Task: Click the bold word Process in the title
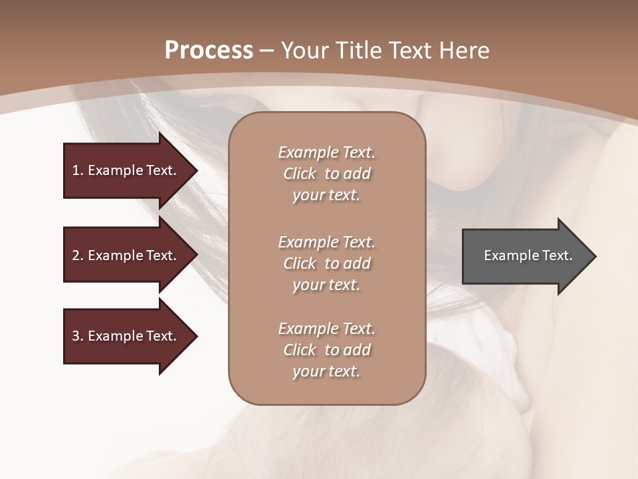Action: tap(209, 51)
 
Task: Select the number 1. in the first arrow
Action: tap(78, 170)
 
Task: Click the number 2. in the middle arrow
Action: tap(78, 255)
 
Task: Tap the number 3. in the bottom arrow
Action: tap(78, 336)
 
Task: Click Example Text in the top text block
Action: tap(326, 152)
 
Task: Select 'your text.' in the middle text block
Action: tap(326, 285)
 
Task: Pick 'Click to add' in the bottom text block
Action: tap(326, 350)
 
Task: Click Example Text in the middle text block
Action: tap(326, 242)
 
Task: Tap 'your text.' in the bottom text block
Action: tap(326, 372)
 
